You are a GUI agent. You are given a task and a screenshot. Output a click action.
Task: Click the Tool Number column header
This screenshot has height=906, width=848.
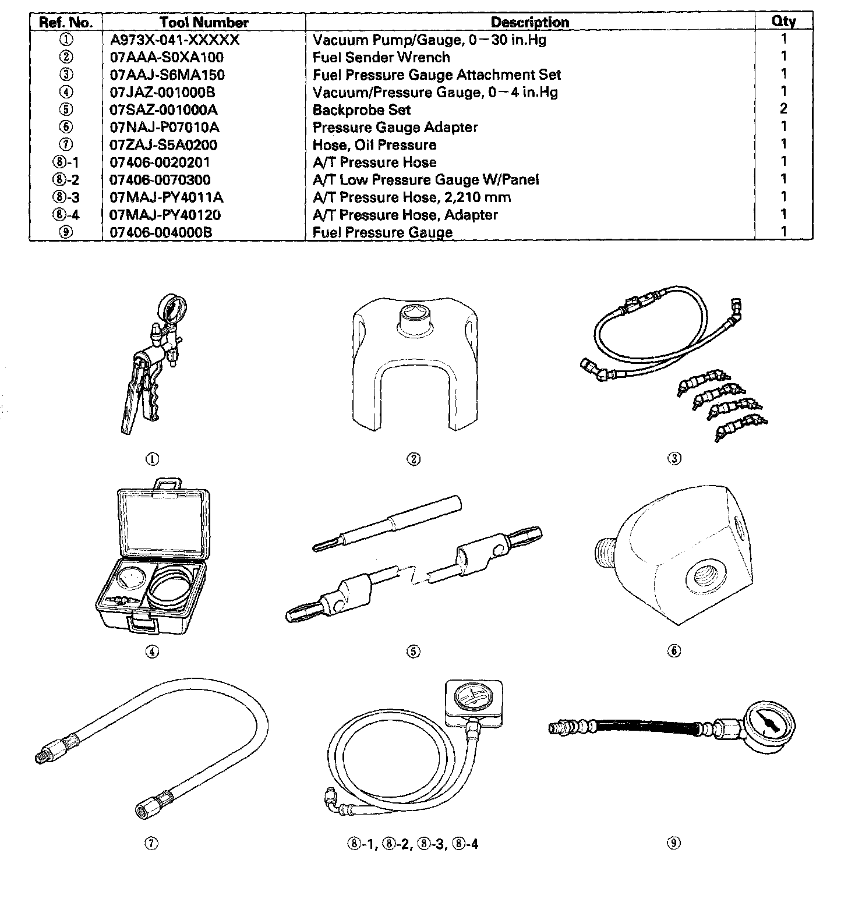tap(204, 23)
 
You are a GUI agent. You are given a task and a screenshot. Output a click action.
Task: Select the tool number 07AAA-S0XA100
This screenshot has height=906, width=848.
tap(167, 58)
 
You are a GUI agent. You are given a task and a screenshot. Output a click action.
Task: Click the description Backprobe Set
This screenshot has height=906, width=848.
tap(361, 110)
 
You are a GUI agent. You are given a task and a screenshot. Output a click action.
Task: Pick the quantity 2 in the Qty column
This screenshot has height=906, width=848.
tap(783, 108)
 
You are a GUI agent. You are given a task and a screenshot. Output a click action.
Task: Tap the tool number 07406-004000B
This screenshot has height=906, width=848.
tap(161, 232)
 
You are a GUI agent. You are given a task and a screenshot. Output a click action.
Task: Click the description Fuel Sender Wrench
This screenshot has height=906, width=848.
tap(381, 58)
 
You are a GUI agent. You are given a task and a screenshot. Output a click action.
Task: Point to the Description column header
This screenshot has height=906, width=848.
tap(529, 23)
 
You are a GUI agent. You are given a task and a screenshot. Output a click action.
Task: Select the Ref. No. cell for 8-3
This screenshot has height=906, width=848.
tap(65, 197)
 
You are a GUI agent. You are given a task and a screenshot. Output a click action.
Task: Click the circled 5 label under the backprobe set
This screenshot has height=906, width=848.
tap(413, 652)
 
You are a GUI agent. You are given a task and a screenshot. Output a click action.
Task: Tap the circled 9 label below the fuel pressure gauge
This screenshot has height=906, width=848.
tap(674, 843)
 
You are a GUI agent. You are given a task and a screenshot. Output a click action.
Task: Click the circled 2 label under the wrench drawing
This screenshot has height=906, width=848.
tap(413, 459)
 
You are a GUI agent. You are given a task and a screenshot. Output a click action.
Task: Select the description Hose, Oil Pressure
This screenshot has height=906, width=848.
tap(374, 145)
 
